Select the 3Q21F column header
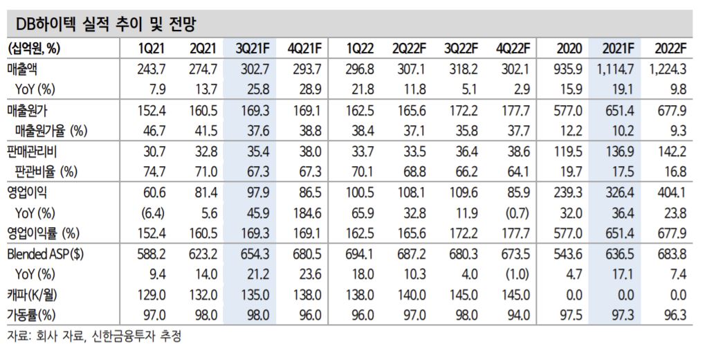(x=252, y=48)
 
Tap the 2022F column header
(x=670, y=48)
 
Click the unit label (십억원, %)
(x=34, y=48)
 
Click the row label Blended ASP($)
(x=45, y=254)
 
